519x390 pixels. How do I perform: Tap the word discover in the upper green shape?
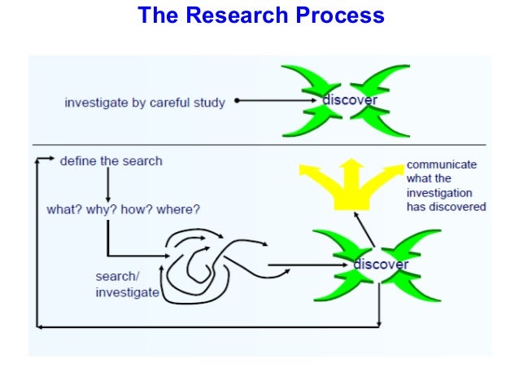tap(350, 101)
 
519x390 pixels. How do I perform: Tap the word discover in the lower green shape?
tap(381, 265)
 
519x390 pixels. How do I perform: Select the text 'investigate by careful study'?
tap(145, 103)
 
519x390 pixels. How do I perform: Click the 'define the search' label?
tap(111, 160)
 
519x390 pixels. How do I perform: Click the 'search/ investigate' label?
tap(127, 284)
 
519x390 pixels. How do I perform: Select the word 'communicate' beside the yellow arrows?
tap(442, 164)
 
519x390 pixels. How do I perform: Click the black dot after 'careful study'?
tap(236, 101)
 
